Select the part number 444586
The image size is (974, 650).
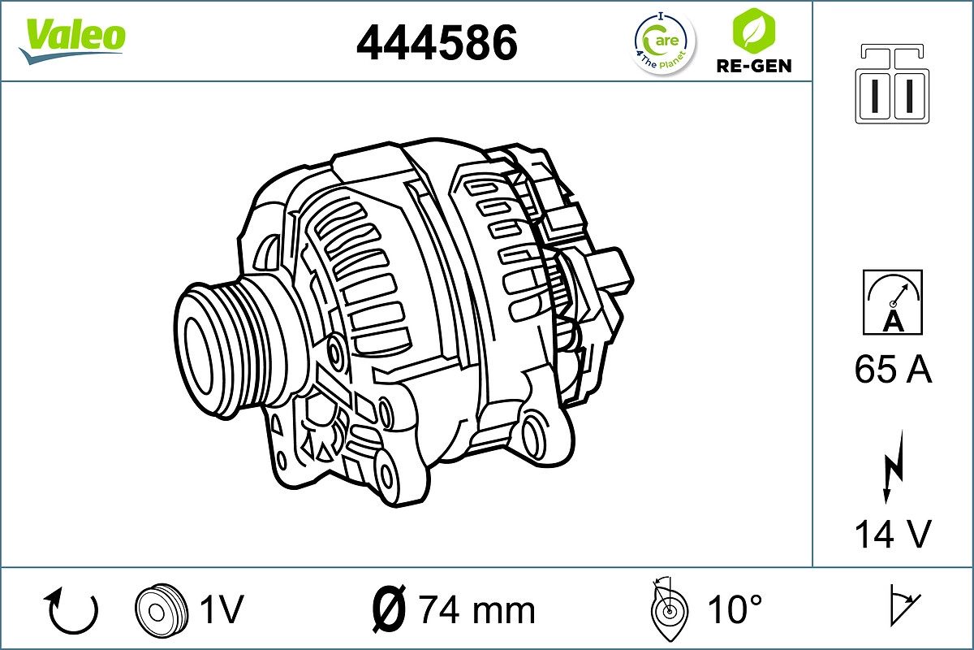437,41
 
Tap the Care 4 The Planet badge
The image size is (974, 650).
663,42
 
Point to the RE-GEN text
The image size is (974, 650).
753,66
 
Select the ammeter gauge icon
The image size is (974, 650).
893,302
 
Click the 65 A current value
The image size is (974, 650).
893,370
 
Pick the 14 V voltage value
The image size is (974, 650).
893,534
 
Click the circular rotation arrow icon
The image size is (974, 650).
73,610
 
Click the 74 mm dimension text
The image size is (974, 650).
476,609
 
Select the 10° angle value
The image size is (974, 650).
735,609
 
